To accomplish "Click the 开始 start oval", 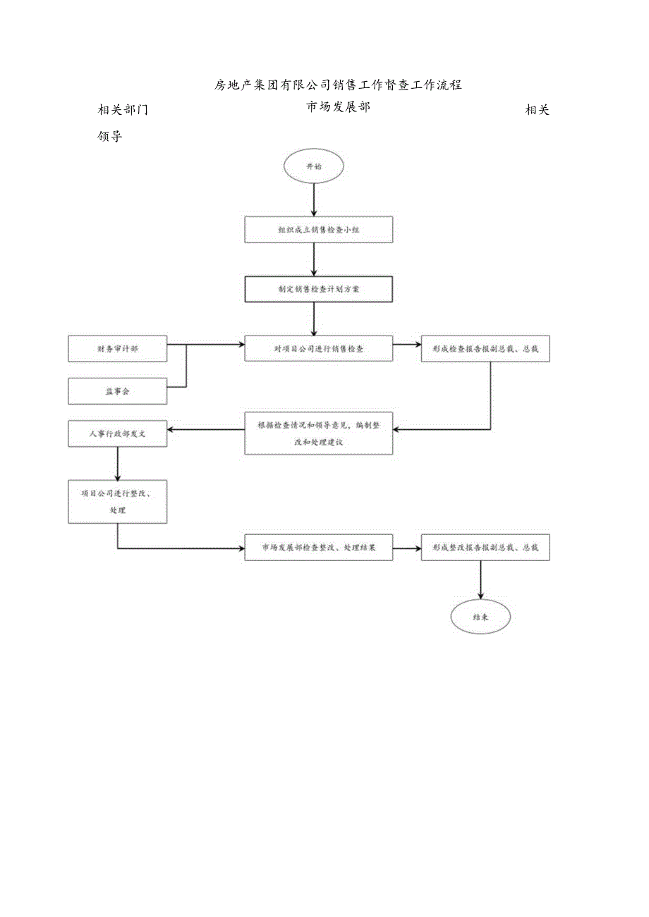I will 313,168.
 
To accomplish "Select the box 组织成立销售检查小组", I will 318,230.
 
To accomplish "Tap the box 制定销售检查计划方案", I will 318,289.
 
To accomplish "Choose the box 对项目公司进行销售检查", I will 318,348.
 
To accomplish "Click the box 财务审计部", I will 117,349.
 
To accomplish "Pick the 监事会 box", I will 117,391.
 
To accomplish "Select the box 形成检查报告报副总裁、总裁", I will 485,348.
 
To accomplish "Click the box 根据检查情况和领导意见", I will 318,433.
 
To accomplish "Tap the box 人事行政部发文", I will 117,433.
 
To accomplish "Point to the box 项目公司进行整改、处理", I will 117,501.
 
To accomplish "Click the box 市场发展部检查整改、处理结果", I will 318,548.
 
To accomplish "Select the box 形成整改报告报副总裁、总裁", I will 485,548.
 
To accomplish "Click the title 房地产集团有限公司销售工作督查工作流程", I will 338,85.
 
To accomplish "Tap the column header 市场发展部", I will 338,107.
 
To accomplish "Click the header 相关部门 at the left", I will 123,110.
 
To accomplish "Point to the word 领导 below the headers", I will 109,137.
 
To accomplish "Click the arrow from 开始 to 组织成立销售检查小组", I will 314,200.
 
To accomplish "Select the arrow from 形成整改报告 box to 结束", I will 480,579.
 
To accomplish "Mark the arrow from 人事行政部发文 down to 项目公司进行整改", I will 117,463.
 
